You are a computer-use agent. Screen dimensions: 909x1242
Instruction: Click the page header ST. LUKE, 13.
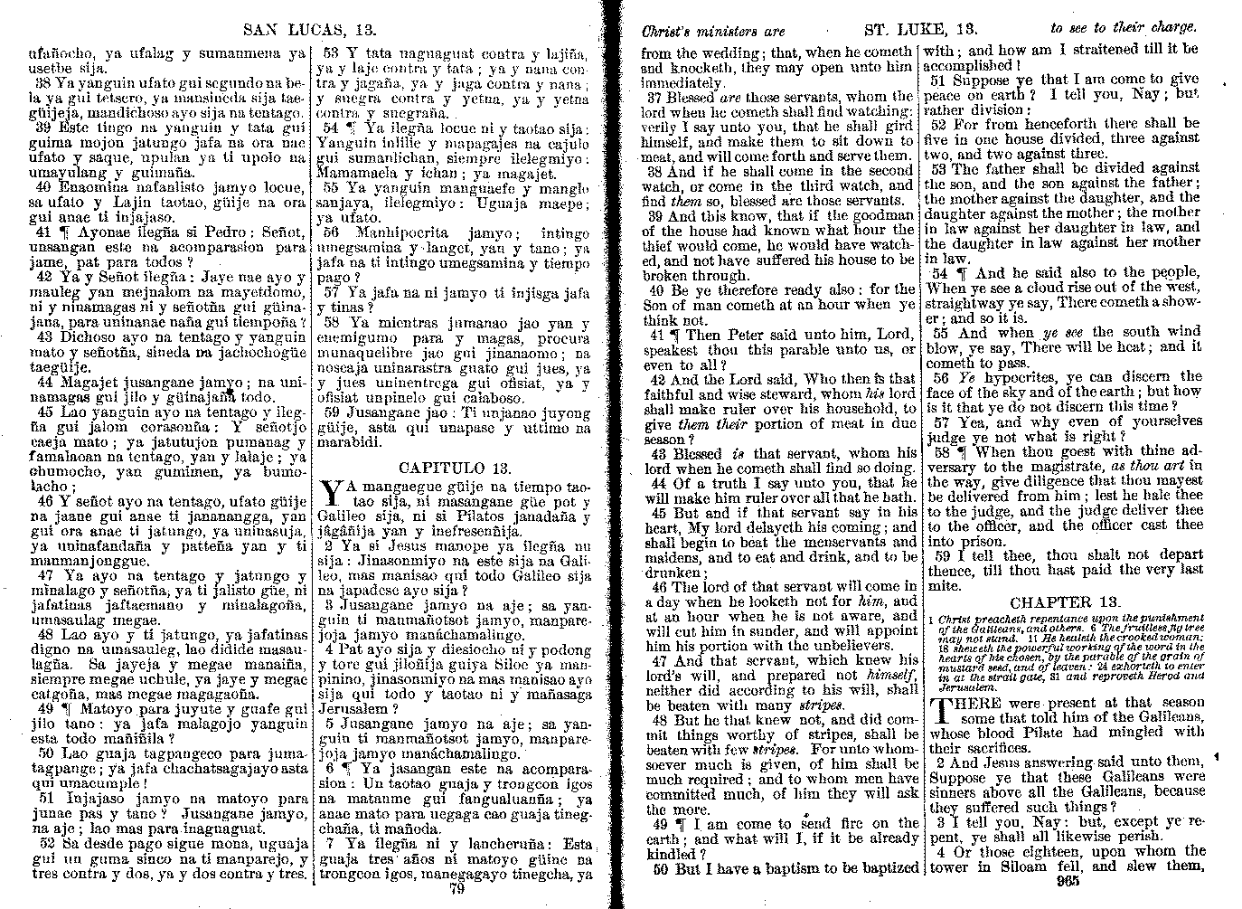[916, 28]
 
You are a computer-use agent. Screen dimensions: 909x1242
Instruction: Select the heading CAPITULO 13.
[455, 468]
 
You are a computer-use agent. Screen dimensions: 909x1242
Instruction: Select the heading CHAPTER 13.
[1066, 602]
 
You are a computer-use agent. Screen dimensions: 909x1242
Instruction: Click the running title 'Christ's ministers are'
[714, 30]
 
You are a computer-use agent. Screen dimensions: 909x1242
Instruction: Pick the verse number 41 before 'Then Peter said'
[657, 335]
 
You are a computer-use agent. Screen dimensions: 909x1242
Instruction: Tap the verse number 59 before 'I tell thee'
[940, 554]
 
